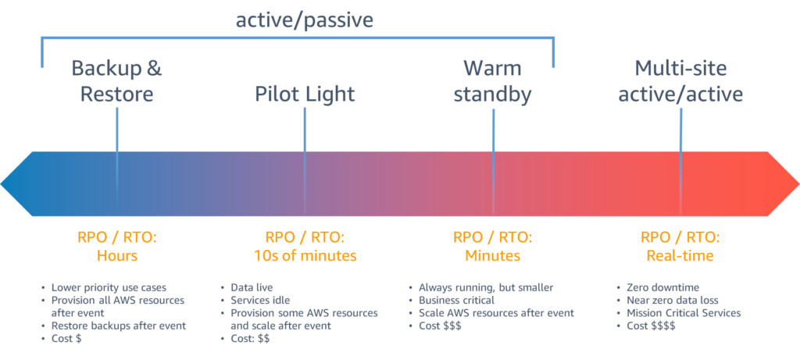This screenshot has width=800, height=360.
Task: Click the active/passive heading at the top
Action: tap(305, 20)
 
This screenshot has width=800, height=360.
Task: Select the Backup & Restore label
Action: tap(116, 81)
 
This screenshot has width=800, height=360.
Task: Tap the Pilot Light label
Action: tap(305, 94)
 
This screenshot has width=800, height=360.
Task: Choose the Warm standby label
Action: tap(493, 81)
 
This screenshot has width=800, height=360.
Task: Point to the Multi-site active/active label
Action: tap(680, 81)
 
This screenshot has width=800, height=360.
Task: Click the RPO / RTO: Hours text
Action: tap(117, 246)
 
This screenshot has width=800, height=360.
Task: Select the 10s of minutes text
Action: tap(305, 255)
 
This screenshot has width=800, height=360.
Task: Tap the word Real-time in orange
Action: tap(680, 255)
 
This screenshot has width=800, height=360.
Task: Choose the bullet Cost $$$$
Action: tap(647, 326)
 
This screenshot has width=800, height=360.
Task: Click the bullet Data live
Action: tap(247, 287)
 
